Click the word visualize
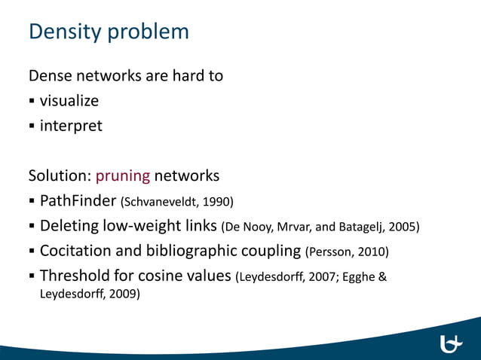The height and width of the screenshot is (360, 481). (69, 100)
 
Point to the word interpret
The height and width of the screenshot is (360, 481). (71, 125)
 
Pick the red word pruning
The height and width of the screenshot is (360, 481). (123, 176)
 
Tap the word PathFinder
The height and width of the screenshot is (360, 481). (74, 201)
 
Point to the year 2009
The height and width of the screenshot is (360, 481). (124, 294)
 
